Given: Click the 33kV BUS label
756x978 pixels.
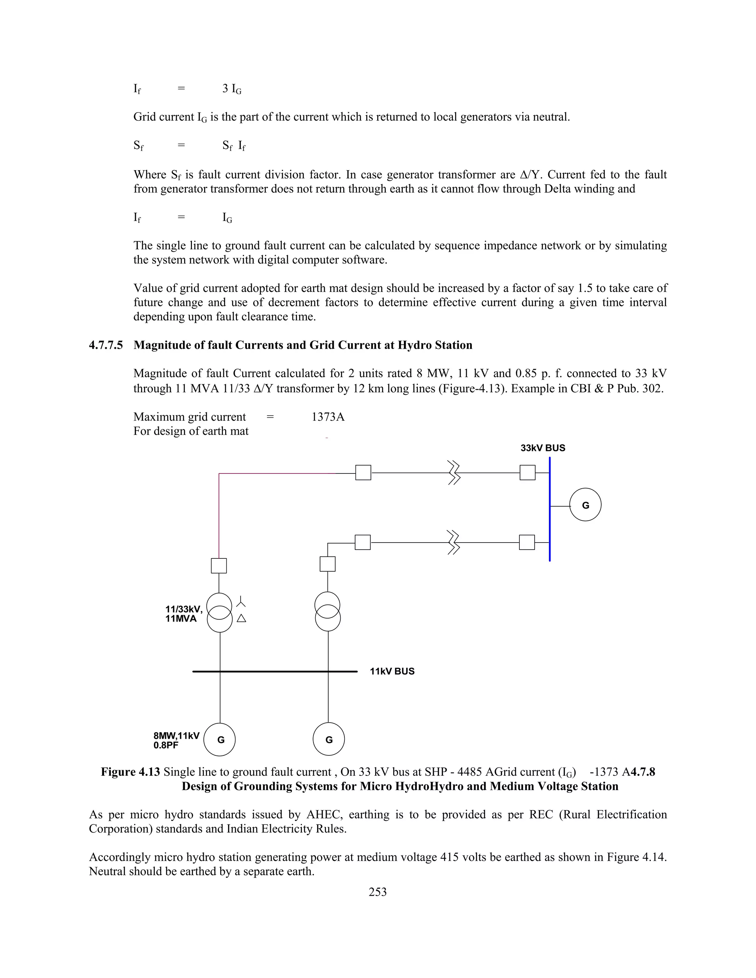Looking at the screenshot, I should (x=542, y=448).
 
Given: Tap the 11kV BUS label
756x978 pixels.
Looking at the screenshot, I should (x=392, y=672).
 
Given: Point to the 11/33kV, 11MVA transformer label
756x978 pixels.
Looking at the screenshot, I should (x=183, y=614).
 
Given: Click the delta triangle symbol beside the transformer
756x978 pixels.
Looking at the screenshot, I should (x=241, y=619).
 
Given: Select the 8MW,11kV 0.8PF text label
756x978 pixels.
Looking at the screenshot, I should (x=176, y=740).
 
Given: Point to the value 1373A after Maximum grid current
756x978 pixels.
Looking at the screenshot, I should (x=328, y=417).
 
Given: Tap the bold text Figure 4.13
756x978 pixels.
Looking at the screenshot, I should (x=130, y=772).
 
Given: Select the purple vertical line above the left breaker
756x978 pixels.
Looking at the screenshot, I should (x=219, y=515).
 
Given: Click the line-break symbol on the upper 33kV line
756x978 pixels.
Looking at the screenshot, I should (x=454, y=473).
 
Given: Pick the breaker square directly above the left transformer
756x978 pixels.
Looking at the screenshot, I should (x=219, y=565).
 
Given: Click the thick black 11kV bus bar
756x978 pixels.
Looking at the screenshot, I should (x=275, y=672).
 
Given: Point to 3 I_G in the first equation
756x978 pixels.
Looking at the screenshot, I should (x=231, y=89).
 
